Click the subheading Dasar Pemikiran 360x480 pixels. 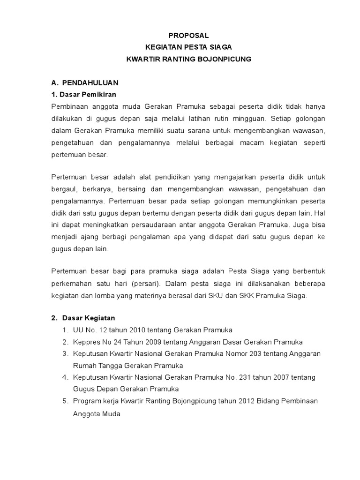(x=87, y=95)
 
